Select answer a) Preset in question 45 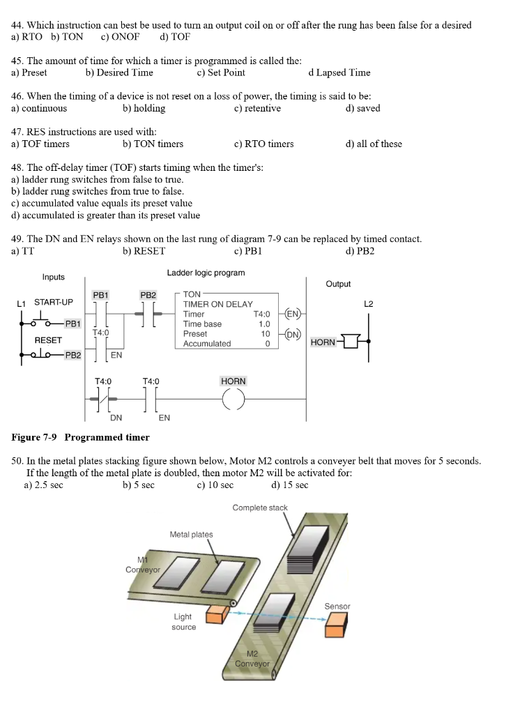(29, 73)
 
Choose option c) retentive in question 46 (257, 108)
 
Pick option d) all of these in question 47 (373, 144)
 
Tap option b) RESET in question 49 (144, 251)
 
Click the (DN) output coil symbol (293, 334)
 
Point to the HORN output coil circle (233, 400)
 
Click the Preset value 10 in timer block (265, 334)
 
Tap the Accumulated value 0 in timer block (267, 344)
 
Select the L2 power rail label (369, 303)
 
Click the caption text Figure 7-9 (36, 437)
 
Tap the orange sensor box (335, 627)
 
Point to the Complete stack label (259, 508)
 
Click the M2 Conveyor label (252, 659)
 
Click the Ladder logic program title (206, 273)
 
